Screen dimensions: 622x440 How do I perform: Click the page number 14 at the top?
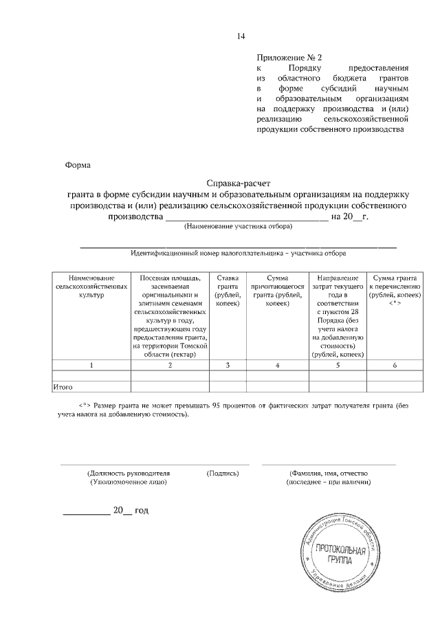click(x=240, y=36)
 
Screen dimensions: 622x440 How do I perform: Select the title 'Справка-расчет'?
click(x=239, y=184)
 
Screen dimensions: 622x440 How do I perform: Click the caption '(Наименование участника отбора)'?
click(x=238, y=226)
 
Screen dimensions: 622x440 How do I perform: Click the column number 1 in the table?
click(x=91, y=365)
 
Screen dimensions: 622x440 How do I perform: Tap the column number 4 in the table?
click(x=277, y=365)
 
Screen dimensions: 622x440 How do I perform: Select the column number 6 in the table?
click(x=395, y=365)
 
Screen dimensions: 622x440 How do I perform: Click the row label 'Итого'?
click(x=63, y=387)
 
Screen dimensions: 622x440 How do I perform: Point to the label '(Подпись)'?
click(x=223, y=474)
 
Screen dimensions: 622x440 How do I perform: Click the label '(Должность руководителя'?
click(x=129, y=474)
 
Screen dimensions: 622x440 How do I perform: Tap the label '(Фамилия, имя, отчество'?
click(x=329, y=474)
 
